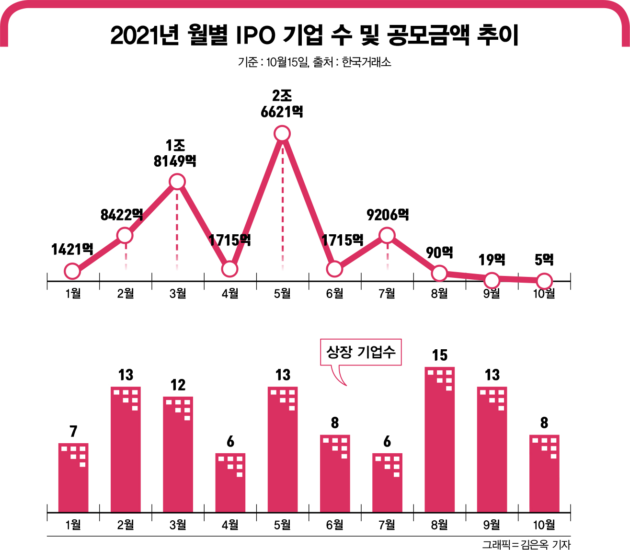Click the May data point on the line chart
(282, 134)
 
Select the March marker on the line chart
(177, 182)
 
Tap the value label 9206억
(388, 215)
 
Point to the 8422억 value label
(122, 215)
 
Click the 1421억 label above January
(72, 249)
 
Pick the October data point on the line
(544, 281)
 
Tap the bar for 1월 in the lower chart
(73, 478)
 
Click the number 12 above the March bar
(178, 385)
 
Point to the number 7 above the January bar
(73, 432)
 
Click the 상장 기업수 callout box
(361, 353)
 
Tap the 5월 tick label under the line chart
(282, 293)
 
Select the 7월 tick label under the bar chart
(387, 525)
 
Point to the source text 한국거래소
(367, 62)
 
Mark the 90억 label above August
(439, 252)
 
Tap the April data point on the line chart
(230, 269)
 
